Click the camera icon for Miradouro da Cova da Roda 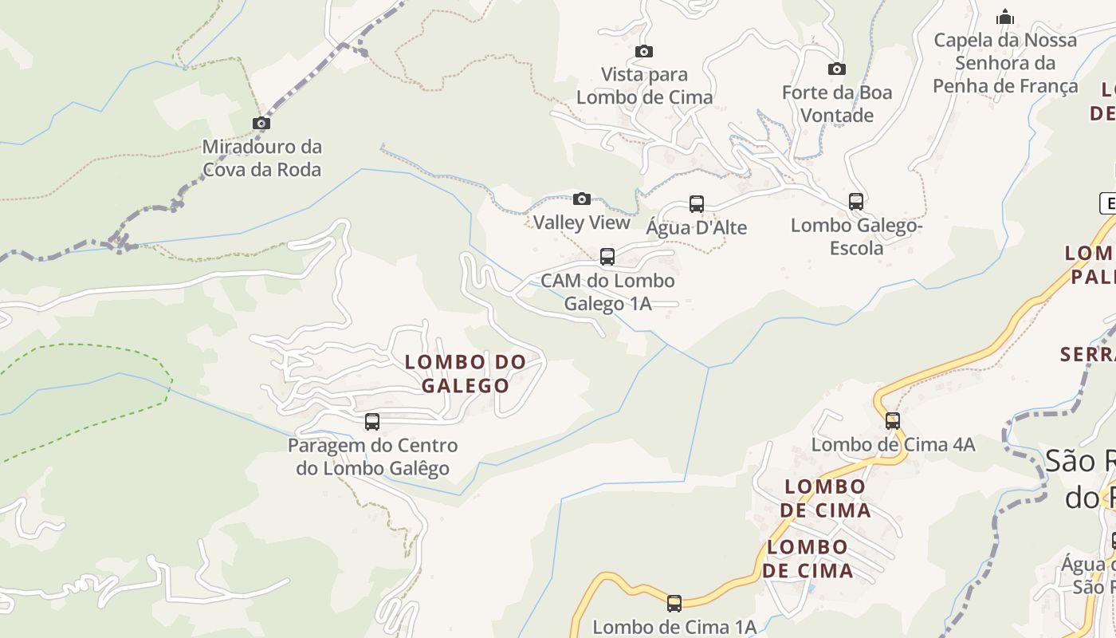tap(261, 123)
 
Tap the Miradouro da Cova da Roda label tap(261, 158)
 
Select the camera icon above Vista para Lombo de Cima tap(644, 52)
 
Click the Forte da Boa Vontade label tap(837, 104)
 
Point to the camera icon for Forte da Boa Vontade tap(836, 69)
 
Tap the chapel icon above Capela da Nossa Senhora tap(1005, 17)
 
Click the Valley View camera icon tap(582, 199)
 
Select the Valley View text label tap(582, 223)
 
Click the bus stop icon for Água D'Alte tap(697, 204)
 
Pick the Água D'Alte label tap(697, 228)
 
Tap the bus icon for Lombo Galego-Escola tap(856, 202)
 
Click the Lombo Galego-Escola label tap(857, 237)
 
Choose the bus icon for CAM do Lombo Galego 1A tap(607, 257)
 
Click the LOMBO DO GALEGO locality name tap(466, 373)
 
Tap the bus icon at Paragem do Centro tap(372, 422)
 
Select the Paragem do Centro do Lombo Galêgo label tap(373, 457)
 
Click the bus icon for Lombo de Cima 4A tap(893, 421)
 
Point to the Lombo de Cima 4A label tap(893, 445)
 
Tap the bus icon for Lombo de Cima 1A tap(674, 604)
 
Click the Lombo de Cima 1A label tap(674, 627)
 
